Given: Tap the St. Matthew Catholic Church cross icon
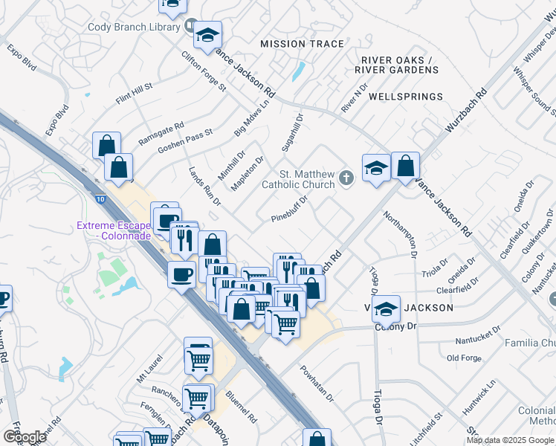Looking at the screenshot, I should pos(346,178).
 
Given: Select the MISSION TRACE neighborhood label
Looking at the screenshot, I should pos(302,44).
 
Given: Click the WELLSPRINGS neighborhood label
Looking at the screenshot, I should pos(406,97).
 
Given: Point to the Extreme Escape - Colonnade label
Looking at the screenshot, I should pos(112,230).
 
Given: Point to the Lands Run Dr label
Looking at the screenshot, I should pos(204,187).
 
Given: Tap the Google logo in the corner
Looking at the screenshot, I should pos(25,436).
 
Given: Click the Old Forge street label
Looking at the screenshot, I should pos(465,358).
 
